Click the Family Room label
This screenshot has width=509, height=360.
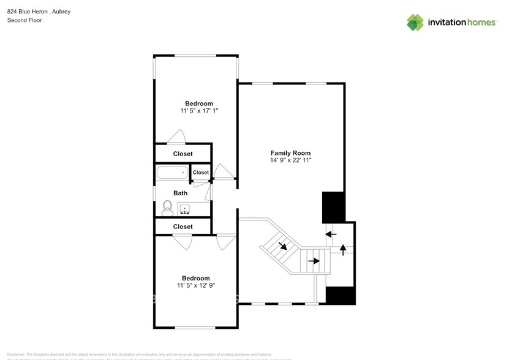290,153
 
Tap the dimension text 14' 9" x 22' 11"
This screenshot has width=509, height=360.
290,160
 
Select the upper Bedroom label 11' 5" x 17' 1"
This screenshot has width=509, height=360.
199,111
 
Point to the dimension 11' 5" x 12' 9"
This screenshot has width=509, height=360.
195,285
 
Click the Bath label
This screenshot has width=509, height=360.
180,193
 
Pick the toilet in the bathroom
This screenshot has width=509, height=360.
167,208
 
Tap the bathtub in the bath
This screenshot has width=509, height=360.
172,173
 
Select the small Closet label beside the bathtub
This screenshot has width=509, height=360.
200,173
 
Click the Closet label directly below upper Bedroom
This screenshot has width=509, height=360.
183,154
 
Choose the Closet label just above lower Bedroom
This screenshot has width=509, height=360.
183,227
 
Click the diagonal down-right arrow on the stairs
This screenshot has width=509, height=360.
284,246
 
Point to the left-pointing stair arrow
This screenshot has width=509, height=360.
331,234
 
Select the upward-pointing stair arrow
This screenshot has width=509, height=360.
342,249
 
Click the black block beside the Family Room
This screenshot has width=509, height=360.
333,207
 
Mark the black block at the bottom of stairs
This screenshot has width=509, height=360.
340,295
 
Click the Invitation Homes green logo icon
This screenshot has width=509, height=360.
415,22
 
